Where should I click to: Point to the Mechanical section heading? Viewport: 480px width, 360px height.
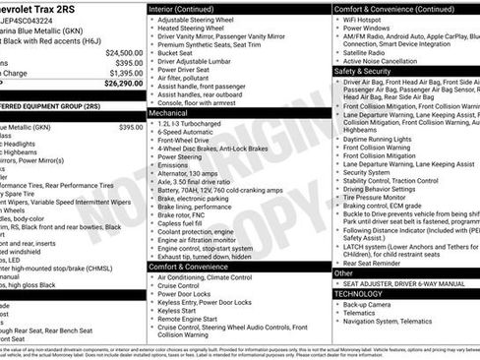pos(168,114)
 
